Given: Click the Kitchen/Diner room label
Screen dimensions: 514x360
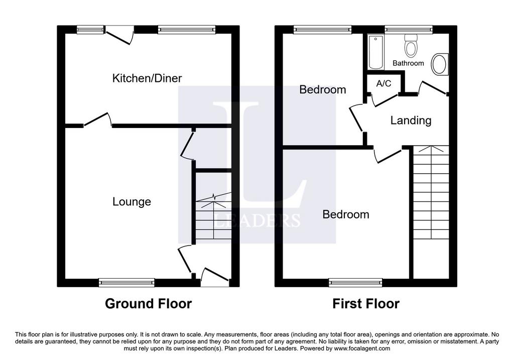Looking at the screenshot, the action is [147, 78].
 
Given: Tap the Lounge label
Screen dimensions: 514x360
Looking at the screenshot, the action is [132, 201].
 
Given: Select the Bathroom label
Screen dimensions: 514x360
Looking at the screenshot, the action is [408, 63].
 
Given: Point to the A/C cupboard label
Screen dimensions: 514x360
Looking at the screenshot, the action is [383, 83].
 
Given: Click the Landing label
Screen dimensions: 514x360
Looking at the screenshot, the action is [411, 121].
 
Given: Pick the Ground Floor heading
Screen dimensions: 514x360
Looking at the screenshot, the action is [148, 304].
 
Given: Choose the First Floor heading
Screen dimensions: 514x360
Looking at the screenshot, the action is [366, 304].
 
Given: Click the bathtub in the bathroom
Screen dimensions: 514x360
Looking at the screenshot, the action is [375, 52].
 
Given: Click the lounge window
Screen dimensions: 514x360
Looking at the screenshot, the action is [126, 282].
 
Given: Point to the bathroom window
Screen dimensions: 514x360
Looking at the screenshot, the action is [409, 30].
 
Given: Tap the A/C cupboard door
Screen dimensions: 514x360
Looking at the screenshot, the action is [385, 100].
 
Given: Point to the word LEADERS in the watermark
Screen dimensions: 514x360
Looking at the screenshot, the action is [257, 220].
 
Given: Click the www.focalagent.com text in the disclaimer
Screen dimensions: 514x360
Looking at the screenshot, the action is [361, 348].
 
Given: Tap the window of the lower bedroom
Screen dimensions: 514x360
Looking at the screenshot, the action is [356, 282].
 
